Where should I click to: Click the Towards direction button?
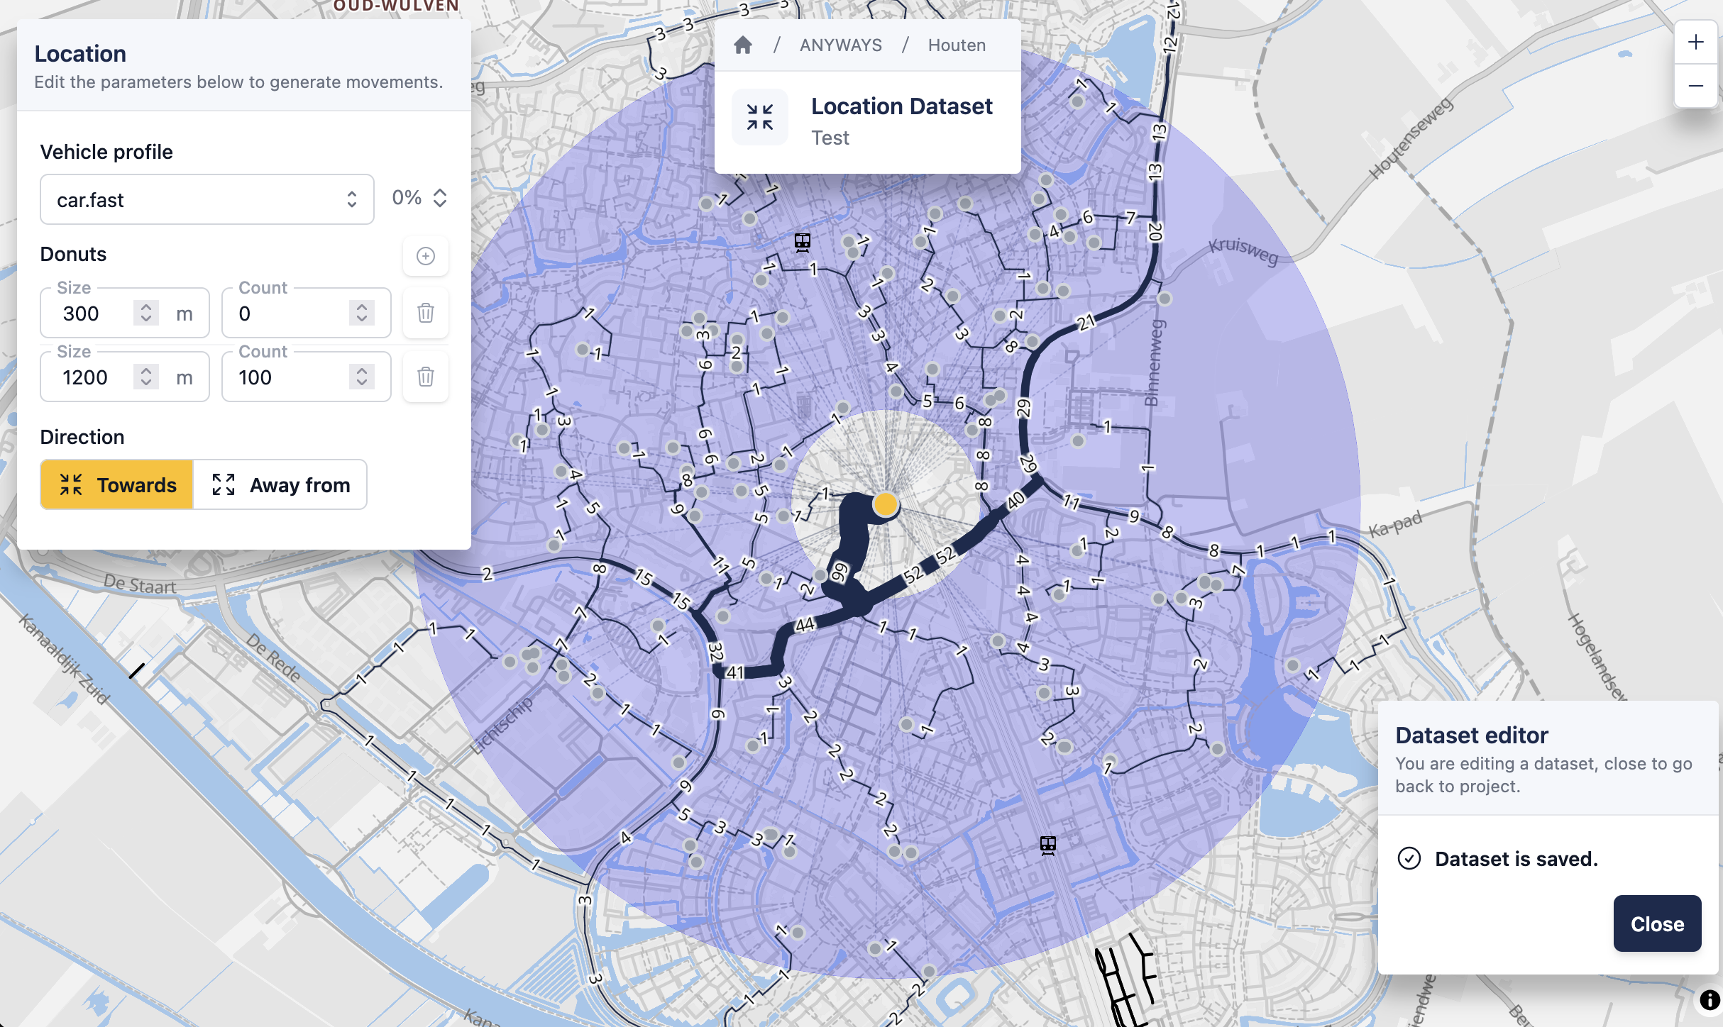point(117,485)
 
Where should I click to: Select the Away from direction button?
point(281,485)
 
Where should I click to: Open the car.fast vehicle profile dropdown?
point(207,200)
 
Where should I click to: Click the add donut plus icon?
point(426,256)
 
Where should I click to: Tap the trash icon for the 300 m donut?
point(426,313)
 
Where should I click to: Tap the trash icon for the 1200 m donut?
point(426,377)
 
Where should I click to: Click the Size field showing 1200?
point(95,377)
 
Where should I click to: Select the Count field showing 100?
point(291,377)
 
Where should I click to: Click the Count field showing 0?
point(291,313)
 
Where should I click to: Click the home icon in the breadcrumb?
point(743,45)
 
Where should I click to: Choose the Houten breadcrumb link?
point(957,45)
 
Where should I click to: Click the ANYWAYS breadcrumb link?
point(841,45)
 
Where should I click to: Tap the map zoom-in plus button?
point(1696,43)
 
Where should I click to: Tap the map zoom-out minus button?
point(1696,86)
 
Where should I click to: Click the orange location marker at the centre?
point(886,504)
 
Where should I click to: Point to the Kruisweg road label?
point(1243,250)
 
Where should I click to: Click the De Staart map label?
point(140,585)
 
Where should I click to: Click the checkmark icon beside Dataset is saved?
point(1409,858)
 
